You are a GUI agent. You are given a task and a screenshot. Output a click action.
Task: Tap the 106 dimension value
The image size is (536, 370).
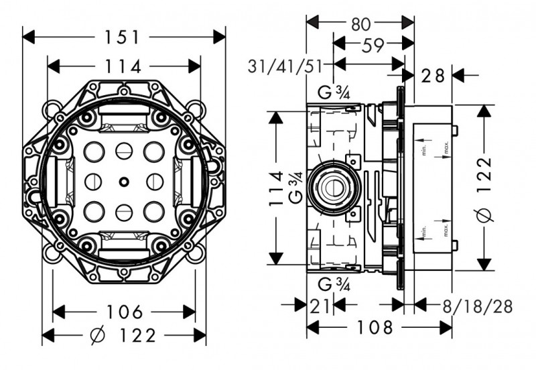(125, 312)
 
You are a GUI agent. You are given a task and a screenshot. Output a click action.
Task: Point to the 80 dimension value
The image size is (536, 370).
(360, 23)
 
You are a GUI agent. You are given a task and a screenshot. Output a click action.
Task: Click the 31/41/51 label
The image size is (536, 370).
(285, 66)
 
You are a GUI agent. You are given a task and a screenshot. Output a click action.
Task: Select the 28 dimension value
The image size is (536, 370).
(433, 75)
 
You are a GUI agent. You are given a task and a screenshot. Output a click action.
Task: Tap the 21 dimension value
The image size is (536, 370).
(320, 306)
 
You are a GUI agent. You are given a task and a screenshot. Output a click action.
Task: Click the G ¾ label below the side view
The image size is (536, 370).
(333, 282)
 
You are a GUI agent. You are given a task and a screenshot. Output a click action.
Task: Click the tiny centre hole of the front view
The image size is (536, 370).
(123, 182)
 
